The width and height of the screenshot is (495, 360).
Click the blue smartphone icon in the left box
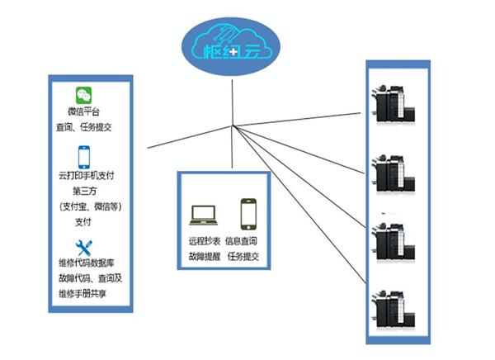[84, 157]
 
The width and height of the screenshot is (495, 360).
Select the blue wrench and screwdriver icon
[84, 247]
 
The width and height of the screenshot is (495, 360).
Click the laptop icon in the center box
[203, 216]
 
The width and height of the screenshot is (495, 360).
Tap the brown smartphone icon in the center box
[247, 214]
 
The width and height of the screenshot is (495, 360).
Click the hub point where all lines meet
[234, 126]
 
